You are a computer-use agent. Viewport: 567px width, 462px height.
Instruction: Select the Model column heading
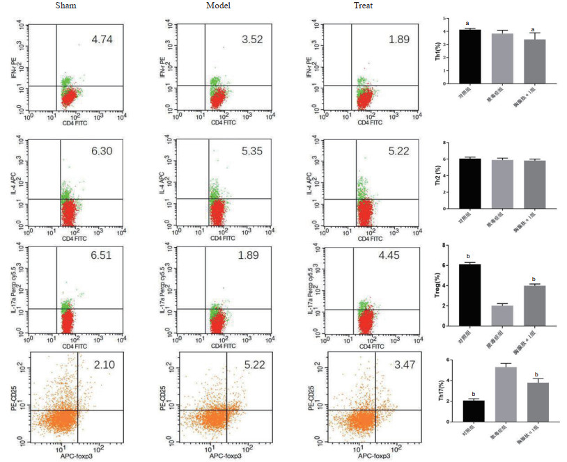pos(218,6)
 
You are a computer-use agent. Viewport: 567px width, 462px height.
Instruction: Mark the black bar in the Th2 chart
pos(471,184)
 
